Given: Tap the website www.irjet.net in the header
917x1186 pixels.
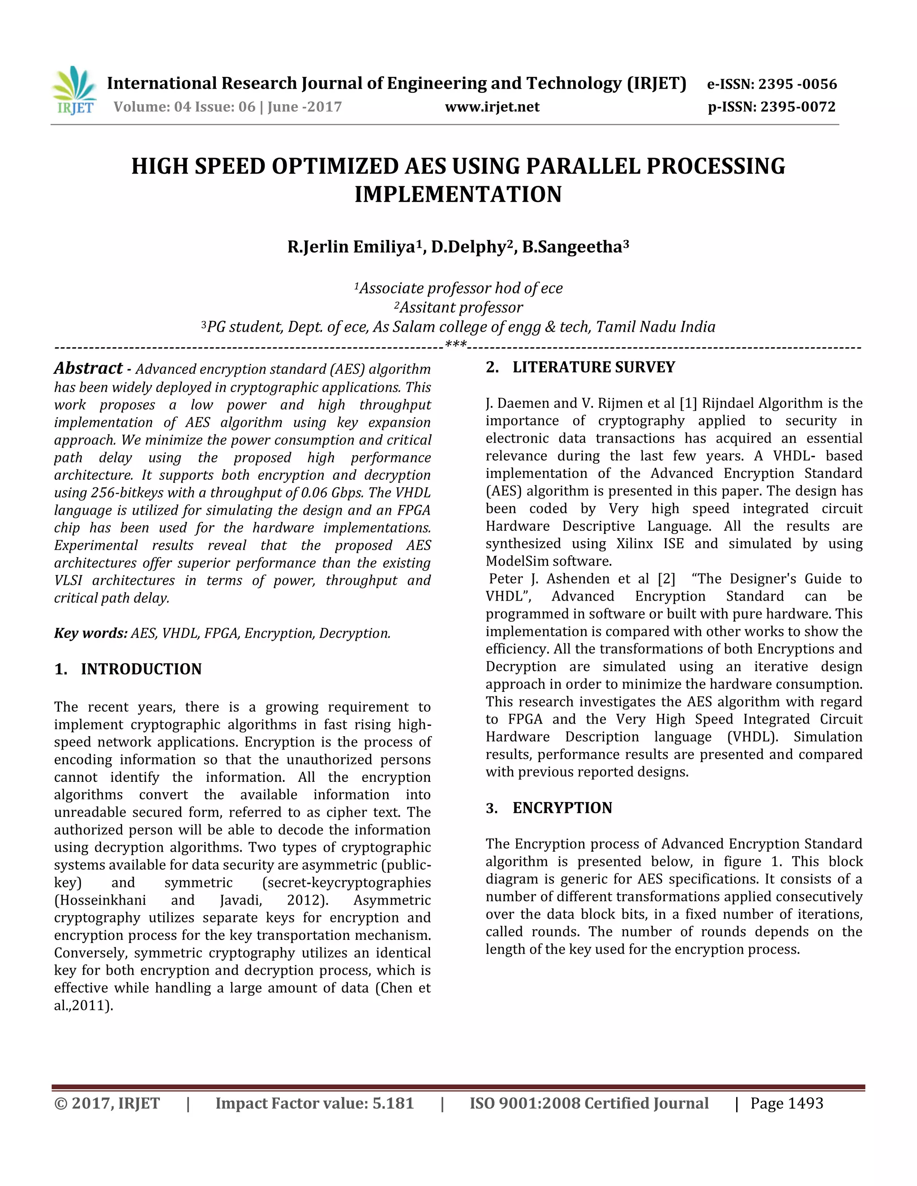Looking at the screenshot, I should point(492,107).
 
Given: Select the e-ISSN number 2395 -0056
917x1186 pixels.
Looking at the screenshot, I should point(797,84).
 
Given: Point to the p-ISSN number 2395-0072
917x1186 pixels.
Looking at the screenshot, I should point(797,107).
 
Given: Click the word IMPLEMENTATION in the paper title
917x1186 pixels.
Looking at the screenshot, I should point(458,194).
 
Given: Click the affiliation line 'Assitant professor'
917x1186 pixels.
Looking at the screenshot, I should point(461,307).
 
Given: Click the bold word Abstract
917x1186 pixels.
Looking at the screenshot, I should point(88,368).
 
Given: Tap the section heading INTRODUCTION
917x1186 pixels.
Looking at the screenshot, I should point(141,669).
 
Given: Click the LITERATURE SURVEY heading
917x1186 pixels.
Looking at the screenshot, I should point(594,367).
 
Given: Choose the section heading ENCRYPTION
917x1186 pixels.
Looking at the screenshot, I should point(562,808).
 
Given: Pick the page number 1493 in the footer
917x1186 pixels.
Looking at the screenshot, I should point(805,1104).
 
